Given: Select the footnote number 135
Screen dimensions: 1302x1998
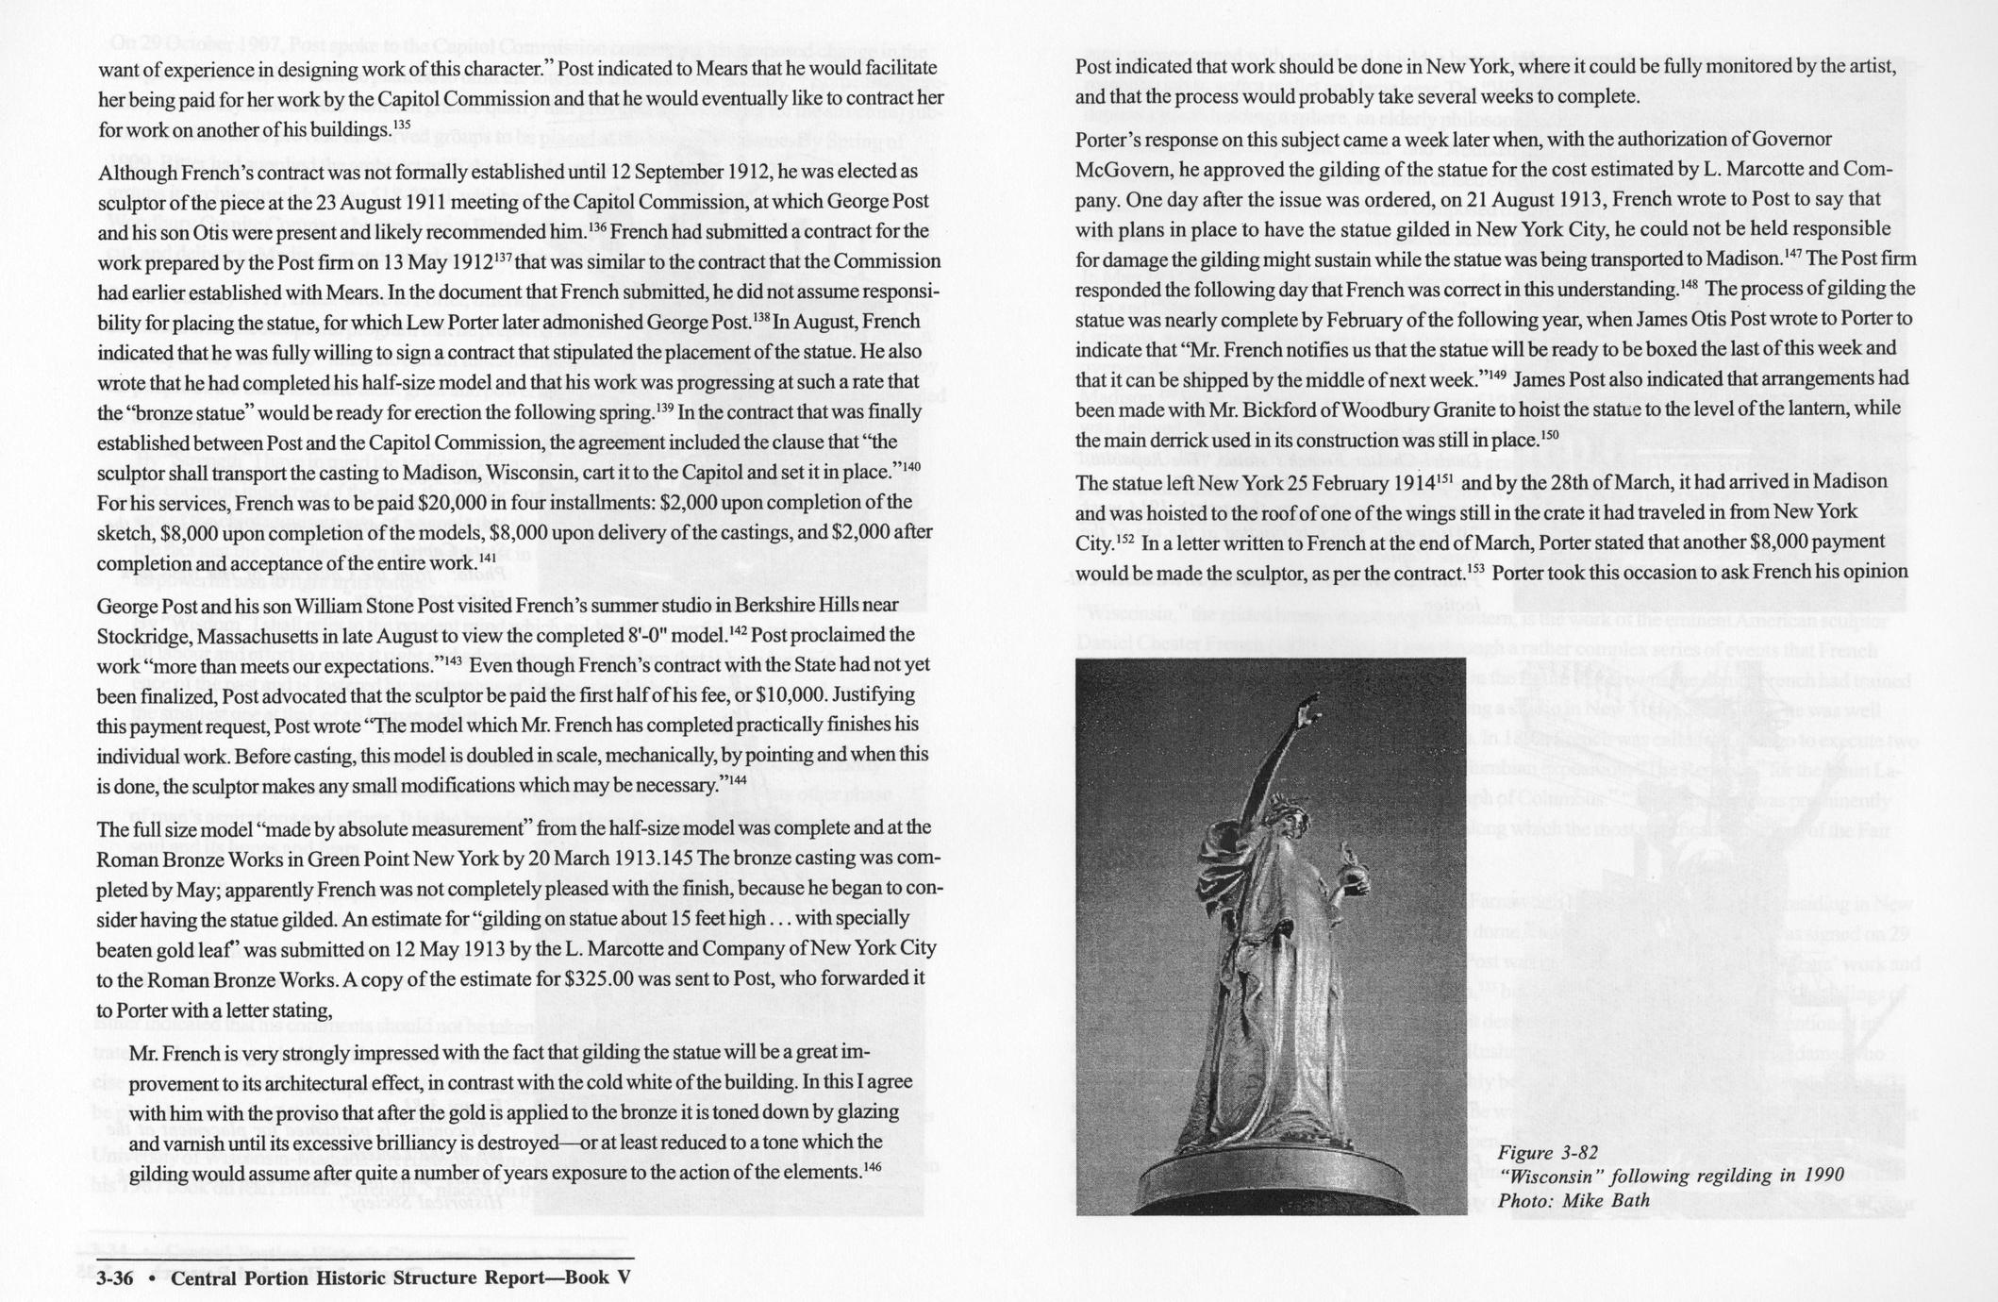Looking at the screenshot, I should point(402,125).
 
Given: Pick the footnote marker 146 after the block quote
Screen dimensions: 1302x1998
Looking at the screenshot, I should point(872,1167).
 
